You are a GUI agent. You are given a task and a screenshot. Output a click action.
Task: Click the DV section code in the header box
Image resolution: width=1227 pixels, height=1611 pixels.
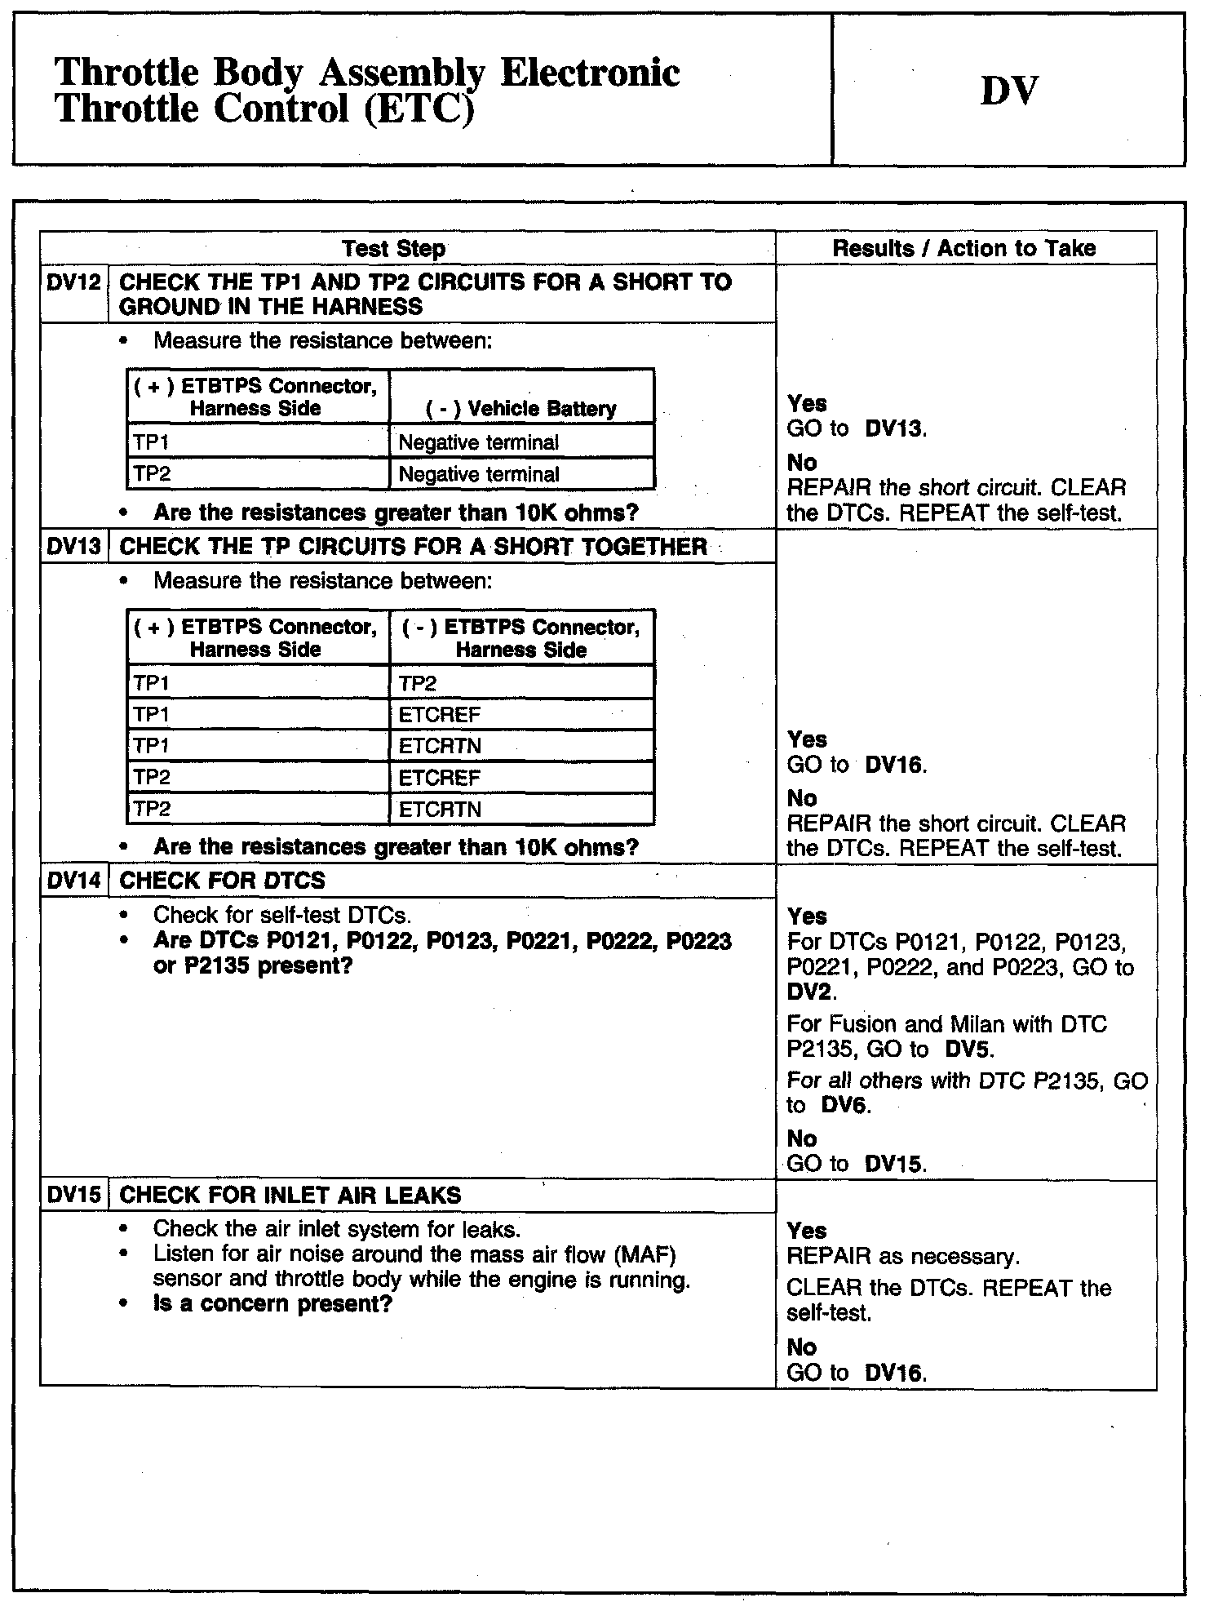pos(1008,91)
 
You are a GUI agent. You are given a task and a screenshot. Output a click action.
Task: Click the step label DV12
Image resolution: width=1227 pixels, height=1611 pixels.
pos(73,282)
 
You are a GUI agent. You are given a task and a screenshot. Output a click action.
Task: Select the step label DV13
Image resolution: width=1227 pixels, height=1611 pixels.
pos(73,546)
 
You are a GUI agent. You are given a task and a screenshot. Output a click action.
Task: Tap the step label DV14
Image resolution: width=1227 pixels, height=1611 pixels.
pos(73,881)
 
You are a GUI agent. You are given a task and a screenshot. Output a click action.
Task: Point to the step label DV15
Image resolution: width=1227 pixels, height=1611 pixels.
pos(73,1196)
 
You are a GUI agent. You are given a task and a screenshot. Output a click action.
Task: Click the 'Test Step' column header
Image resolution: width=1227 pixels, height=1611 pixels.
pos(393,248)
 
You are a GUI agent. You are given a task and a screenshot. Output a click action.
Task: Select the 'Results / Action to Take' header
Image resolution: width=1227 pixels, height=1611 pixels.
pos(963,248)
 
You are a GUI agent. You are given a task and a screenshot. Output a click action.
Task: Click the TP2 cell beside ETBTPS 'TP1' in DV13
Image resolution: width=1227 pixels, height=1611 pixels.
pos(418,683)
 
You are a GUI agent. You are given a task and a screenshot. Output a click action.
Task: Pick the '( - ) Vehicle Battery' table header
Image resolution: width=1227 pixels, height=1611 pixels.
pos(521,408)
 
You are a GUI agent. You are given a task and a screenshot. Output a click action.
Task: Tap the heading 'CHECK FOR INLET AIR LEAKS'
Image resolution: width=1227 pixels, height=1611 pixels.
pos(290,1196)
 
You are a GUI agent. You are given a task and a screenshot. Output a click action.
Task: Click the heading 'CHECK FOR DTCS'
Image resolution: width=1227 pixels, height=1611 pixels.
pos(222,881)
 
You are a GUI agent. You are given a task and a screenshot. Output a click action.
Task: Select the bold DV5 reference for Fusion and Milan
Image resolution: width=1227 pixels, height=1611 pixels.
pos(969,1049)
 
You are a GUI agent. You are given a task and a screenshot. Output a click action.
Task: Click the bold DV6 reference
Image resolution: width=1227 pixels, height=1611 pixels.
pos(845,1106)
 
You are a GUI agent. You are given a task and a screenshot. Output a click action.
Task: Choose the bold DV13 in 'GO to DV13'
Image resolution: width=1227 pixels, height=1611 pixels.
pos(894,428)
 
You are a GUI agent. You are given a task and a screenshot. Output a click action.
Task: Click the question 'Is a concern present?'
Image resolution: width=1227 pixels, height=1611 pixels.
pos(272,1303)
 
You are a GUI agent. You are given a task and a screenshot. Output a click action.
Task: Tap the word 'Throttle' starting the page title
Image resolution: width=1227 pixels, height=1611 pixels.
pos(126,73)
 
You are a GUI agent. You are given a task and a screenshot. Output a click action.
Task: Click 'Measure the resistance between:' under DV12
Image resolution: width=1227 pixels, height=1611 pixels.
pos(322,340)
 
